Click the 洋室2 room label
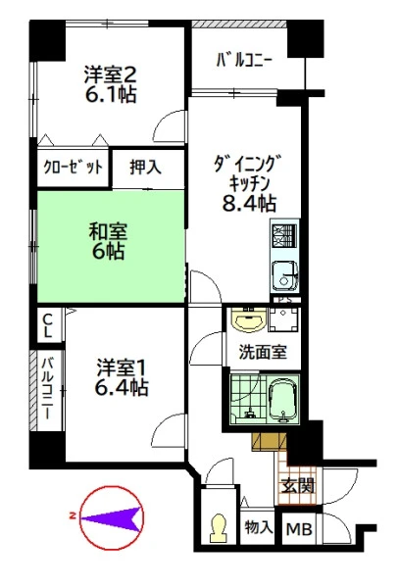click(x=110, y=73)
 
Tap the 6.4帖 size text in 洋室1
click(x=122, y=388)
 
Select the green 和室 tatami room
click(x=111, y=246)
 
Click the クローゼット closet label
click(x=73, y=167)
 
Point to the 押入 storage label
click(x=145, y=167)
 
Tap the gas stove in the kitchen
click(x=284, y=235)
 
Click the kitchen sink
click(x=285, y=275)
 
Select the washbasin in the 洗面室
click(x=248, y=319)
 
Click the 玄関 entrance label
click(x=298, y=486)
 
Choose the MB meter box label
click(x=299, y=529)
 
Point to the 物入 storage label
click(x=259, y=527)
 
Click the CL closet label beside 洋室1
click(x=48, y=325)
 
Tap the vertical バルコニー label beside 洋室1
click(x=47, y=389)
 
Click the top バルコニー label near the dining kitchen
click(x=244, y=61)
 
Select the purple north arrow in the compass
click(x=112, y=519)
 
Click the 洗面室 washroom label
click(x=263, y=352)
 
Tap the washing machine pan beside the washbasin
click(x=284, y=320)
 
